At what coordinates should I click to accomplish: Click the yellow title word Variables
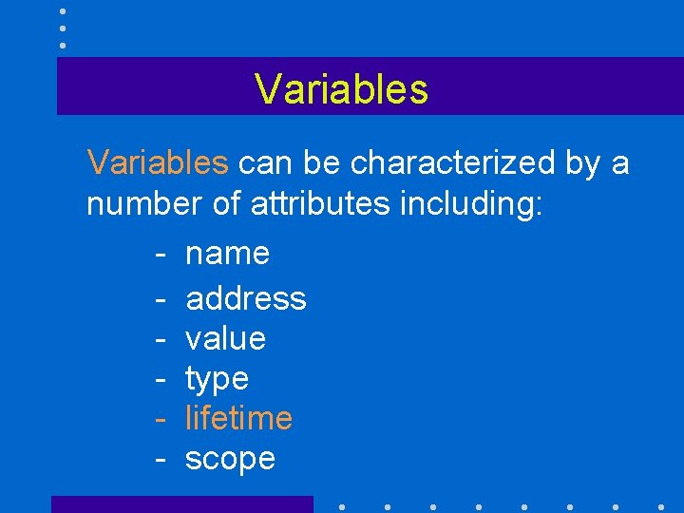pos(341,89)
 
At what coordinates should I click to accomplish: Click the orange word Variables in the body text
pos(158,163)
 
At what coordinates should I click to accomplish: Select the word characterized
pos(453,163)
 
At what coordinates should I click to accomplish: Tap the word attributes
pos(320,205)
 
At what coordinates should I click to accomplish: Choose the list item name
pos(228,254)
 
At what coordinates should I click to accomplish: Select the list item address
pos(246,298)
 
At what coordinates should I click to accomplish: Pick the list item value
pos(225,338)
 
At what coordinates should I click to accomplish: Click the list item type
pos(217,379)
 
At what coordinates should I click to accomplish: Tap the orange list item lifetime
pos(238,418)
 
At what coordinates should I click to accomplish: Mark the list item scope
pos(230,459)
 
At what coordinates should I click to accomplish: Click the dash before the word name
pos(161,255)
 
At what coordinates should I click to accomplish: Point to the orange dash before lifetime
pos(161,419)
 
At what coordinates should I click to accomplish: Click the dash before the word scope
pos(161,460)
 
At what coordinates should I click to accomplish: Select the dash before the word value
pos(161,339)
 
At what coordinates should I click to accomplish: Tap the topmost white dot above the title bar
pos(63,11)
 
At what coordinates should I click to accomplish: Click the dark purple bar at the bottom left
pos(181,504)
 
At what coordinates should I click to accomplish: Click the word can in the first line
pos(265,163)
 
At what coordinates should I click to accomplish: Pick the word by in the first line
pos(583,163)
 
